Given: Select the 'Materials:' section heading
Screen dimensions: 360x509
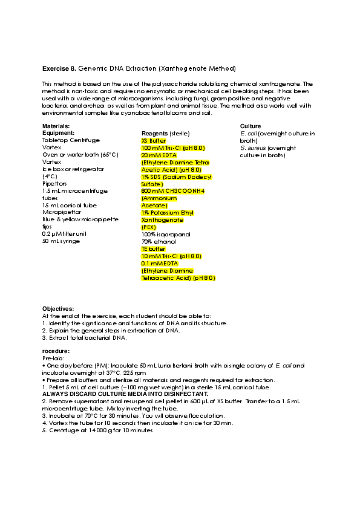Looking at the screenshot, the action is point(56,126).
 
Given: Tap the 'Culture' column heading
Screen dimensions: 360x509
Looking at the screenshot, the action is point(250,126).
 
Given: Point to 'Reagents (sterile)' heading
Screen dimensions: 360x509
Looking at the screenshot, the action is point(165,133).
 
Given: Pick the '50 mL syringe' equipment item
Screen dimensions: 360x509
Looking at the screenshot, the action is point(61,241).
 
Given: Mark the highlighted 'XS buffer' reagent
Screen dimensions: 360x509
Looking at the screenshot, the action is point(153,140).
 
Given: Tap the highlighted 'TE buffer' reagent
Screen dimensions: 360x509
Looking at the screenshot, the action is point(153,248).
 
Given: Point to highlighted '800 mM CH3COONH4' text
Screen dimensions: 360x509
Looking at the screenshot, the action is point(173,191).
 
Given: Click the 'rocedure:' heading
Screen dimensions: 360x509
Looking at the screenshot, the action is point(56,351).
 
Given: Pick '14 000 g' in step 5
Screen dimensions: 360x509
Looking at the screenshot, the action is point(100,430).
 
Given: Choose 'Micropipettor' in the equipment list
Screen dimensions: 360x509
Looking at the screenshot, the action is point(62,212).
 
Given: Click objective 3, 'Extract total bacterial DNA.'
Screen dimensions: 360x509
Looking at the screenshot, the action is point(86,337).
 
